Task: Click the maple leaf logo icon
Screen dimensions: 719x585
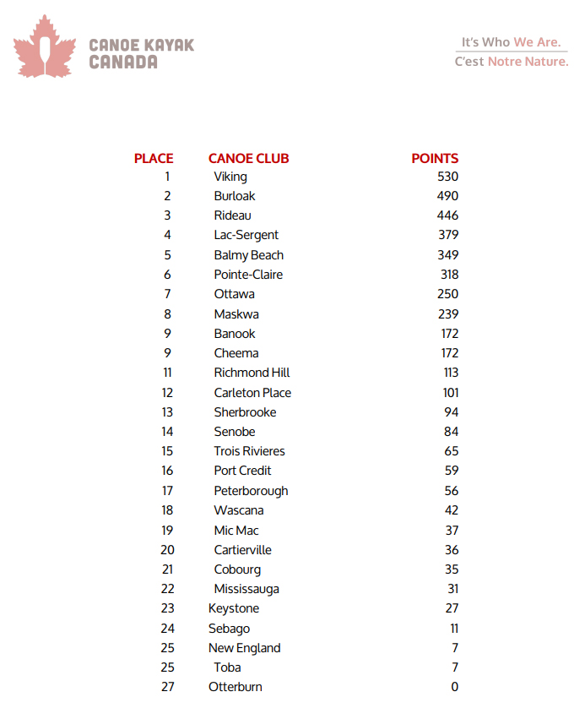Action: [x=45, y=47]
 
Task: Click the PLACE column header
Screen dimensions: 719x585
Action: [x=154, y=158]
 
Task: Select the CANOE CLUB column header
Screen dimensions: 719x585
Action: [x=248, y=158]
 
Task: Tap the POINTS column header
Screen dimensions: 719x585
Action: [x=435, y=158]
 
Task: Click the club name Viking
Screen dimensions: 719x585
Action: [x=230, y=177]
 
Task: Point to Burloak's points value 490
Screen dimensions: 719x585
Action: [x=447, y=196]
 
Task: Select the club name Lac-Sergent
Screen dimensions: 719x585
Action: [x=246, y=235]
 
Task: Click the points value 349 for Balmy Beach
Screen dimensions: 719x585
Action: [x=447, y=255]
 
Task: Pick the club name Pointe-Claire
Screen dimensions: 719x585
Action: [x=248, y=275]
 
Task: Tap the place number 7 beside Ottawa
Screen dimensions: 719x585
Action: [x=168, y=294]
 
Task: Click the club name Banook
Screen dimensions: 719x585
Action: [x=235, y=334]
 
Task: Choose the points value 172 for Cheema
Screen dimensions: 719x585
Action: [x=448, y=353]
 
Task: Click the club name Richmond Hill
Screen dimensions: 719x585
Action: [x=252, y=373]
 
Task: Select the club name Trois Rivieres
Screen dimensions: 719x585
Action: [x=249, y=451]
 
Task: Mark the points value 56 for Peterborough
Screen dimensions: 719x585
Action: [x=452, y=491]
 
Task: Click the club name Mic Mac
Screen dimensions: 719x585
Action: [x=236, y=531]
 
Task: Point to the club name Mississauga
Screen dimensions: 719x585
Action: [x=246, y=589]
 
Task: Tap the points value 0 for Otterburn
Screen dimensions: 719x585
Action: [x=454, y=687]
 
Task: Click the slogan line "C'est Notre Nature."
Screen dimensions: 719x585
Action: [x=512, y=62]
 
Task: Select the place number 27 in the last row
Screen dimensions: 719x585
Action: [x=168, y=687]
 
